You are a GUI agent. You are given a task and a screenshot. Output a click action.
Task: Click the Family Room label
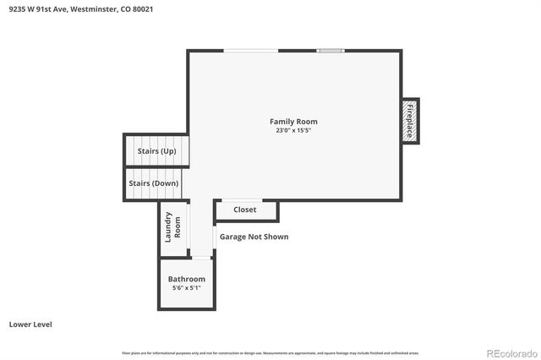coord(293,122)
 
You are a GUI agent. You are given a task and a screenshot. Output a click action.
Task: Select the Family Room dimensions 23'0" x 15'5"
coord(293,130)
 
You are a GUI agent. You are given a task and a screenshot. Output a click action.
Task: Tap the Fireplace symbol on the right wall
coord(410,120)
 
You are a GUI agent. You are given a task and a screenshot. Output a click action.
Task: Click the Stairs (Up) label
coord(156,151)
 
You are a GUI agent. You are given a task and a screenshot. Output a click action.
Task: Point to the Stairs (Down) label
coord(153,183)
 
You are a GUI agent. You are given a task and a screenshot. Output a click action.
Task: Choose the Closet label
coord(245,210)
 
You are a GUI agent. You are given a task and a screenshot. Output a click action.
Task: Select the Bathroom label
coord(186,279)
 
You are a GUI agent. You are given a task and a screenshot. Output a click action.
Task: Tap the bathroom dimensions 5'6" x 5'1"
coord(186,288)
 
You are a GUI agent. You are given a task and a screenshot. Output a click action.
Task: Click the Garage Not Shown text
coord(254,237)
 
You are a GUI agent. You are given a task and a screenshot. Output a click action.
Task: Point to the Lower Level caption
coord(32,324)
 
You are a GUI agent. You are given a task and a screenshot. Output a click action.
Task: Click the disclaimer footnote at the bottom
coord(270,352)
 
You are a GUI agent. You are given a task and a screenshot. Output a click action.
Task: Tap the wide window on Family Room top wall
coord(251,51)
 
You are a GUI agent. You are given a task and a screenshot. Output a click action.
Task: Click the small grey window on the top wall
coord(331,51)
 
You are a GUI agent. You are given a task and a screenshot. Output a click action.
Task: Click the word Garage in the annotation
coord(233,237)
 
